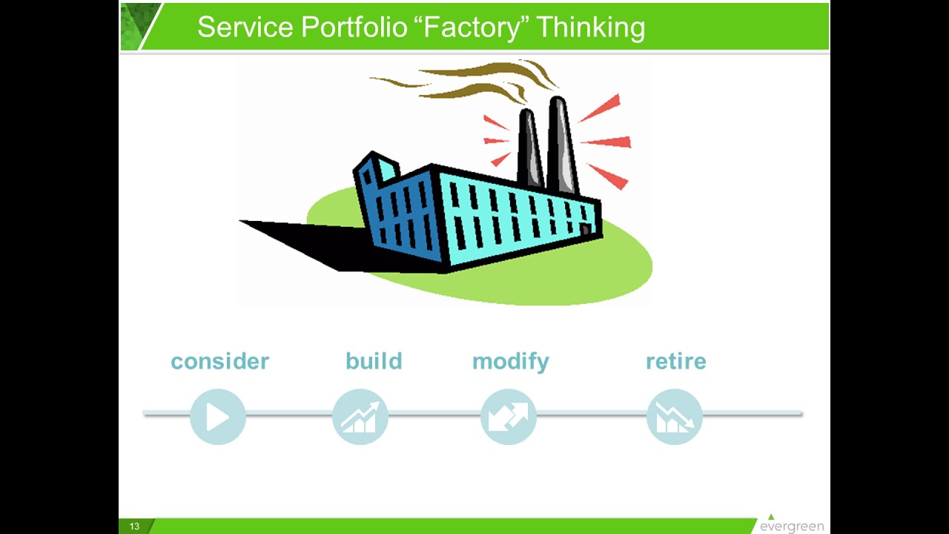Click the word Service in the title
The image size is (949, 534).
245,27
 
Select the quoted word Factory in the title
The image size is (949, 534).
472,27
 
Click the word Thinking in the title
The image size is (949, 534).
590,27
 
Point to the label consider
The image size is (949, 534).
219,361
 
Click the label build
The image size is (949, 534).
374,361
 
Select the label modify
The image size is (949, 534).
510,361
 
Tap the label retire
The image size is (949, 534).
675,361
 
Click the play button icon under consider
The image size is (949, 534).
217,417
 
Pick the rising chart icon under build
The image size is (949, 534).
360,417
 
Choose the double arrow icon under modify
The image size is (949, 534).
509,417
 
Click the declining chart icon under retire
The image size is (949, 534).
675,417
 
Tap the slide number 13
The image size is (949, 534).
134,527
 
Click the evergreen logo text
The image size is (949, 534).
791,527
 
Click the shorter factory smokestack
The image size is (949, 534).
529,148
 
